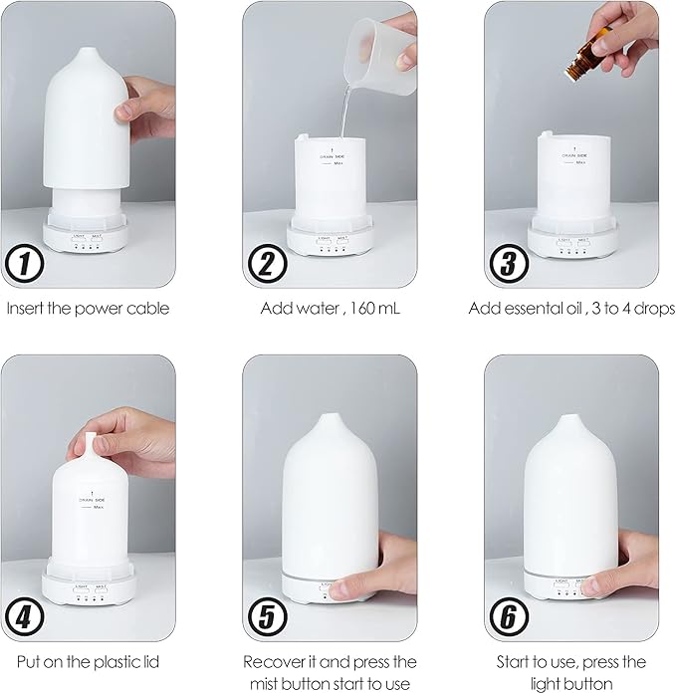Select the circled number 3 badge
[x=509, y=266]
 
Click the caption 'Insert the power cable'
[x=89, y=308]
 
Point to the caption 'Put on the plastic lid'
[x=89, y=661]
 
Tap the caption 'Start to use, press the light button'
[x=570, y=671]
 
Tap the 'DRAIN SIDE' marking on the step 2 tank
[x=333, y=156]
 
